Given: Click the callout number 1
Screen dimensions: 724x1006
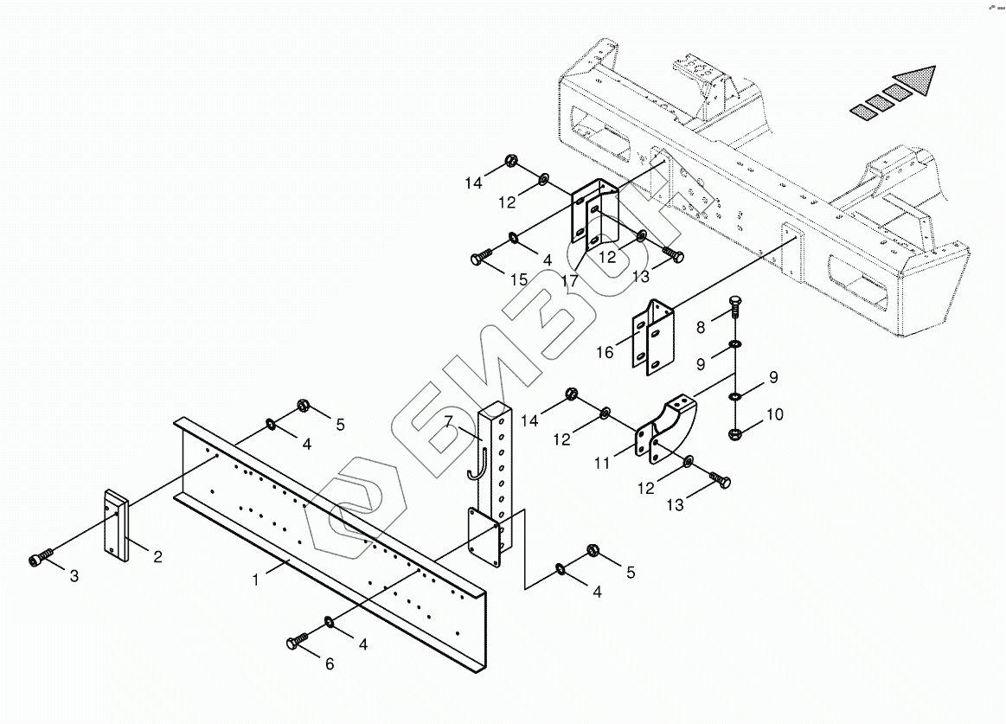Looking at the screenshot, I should (256, 580).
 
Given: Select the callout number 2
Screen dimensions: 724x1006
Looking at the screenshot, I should (157, 557).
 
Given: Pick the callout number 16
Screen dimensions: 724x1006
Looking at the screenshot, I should (605, 353).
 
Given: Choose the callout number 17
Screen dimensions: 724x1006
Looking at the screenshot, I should (569, 281).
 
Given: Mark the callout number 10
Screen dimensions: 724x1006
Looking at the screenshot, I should (774, 414).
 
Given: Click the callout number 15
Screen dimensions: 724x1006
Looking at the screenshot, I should (518, 280).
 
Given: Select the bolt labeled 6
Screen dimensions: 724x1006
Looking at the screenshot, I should (297, 642).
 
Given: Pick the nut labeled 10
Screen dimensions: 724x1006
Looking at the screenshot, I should (734, 432).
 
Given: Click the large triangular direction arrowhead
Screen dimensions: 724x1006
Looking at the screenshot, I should (917, 80).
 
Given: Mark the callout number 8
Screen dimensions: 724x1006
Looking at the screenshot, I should (701, 327).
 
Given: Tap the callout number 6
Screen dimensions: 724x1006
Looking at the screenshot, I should (330, 664).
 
